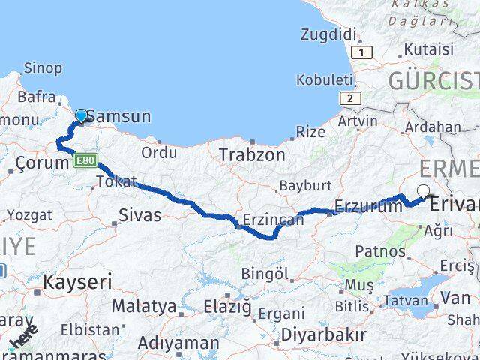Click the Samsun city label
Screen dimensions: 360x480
[x=118, y=116]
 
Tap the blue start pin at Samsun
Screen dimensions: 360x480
[x=80, y=115]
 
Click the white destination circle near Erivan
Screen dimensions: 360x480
[x=424, y=191]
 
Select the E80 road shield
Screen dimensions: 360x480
[x=86, y=160]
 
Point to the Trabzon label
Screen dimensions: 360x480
[x=252, y=155]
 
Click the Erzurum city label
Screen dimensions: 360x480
[x=368, y=207]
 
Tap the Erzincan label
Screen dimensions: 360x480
[x=274, y=220]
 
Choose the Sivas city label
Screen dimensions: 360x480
[x=139, y=216]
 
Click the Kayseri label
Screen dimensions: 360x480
[x=77, y=282]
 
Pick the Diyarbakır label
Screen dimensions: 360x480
[x=324, y=334]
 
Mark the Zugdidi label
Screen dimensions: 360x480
[x=328, y=34]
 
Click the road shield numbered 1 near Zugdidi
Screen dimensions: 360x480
[x=364, y=52]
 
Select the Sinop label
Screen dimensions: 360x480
[x=43, y=68]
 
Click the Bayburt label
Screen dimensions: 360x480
[x=304, y=185]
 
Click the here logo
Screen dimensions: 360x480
[x=22, y=337]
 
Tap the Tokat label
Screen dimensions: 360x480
[x=117, y=181]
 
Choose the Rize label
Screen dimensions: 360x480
[x=310, y=132]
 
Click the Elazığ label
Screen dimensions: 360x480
[x=227, y=306]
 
